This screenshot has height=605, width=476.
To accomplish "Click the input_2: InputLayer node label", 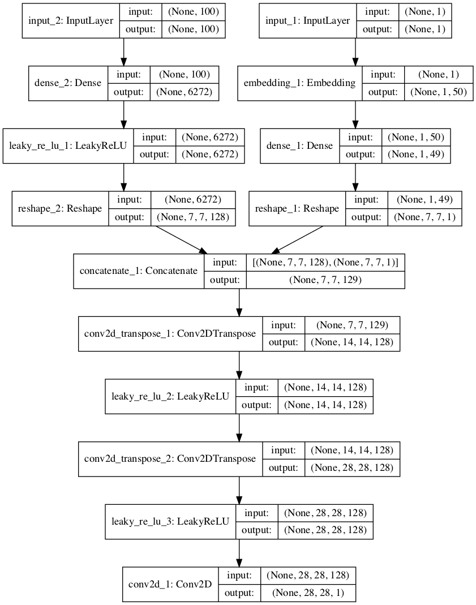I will [x=70, y=21].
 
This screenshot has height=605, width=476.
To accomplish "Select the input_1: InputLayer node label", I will [x=308, y=21].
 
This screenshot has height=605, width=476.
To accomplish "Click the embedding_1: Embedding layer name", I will [x=299, y=83].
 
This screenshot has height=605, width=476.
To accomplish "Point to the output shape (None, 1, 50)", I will [x=439, y=92].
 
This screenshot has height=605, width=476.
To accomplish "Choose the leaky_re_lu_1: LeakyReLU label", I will [x=68, y=145].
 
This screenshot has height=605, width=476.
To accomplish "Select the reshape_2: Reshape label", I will [x=60, y=208].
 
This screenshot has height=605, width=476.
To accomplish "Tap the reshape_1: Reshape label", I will [x=297, y=208].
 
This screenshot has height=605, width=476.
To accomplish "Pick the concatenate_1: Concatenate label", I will [x=139, y=271].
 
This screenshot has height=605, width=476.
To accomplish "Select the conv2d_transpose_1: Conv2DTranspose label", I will [x=170, y=333].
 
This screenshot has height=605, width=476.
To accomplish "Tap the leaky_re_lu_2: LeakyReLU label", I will [x=170, y=396].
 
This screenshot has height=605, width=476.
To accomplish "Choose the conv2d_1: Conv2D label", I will [x=170, y=583].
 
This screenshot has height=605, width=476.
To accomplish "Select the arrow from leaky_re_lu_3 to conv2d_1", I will [x=239, y=552].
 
